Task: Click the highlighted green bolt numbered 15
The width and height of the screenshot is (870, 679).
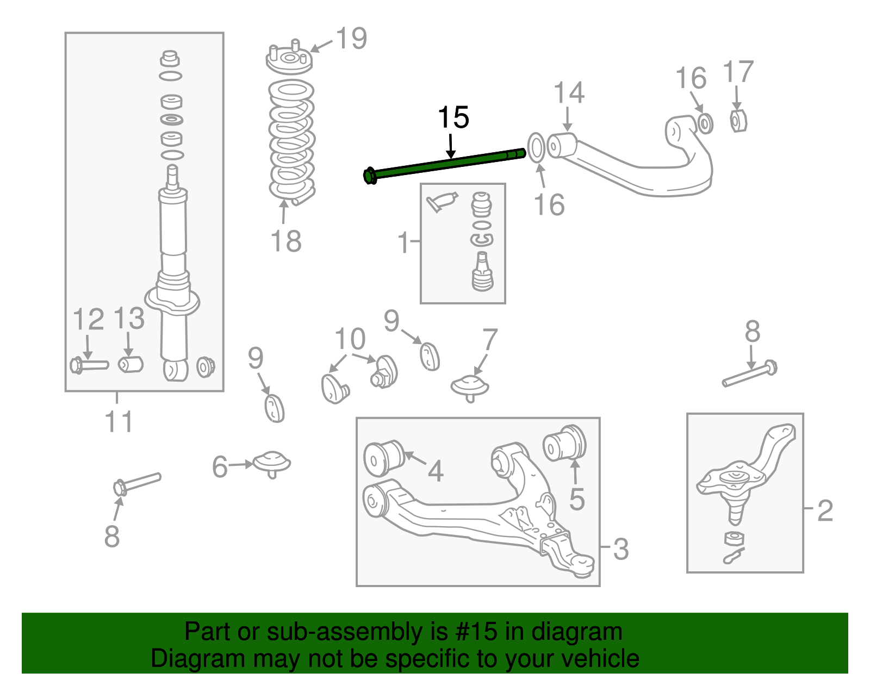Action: point(446,164)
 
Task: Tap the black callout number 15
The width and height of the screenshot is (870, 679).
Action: point(453,117)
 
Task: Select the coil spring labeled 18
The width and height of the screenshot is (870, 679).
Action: point(292,141)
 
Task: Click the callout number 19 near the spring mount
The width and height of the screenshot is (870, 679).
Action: point(351,39)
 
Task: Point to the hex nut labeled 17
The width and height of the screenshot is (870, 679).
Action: point(737,121)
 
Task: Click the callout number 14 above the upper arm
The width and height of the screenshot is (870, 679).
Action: point(569,93)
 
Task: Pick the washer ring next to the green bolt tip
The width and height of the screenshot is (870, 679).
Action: point(536,147)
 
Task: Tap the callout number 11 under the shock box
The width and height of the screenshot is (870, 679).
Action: point(119,422)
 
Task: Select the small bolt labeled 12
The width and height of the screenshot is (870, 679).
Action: point(89,365)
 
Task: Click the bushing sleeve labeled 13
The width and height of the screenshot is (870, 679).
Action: point(130,364)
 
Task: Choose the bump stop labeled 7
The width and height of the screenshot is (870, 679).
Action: point(470,387)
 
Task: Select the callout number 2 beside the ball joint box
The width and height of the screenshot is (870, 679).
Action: point(825,510)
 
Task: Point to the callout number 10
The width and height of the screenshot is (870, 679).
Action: point(350,339)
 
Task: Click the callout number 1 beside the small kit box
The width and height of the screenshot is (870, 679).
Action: point(403,242)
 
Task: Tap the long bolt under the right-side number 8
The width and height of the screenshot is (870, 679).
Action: point(749,375)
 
